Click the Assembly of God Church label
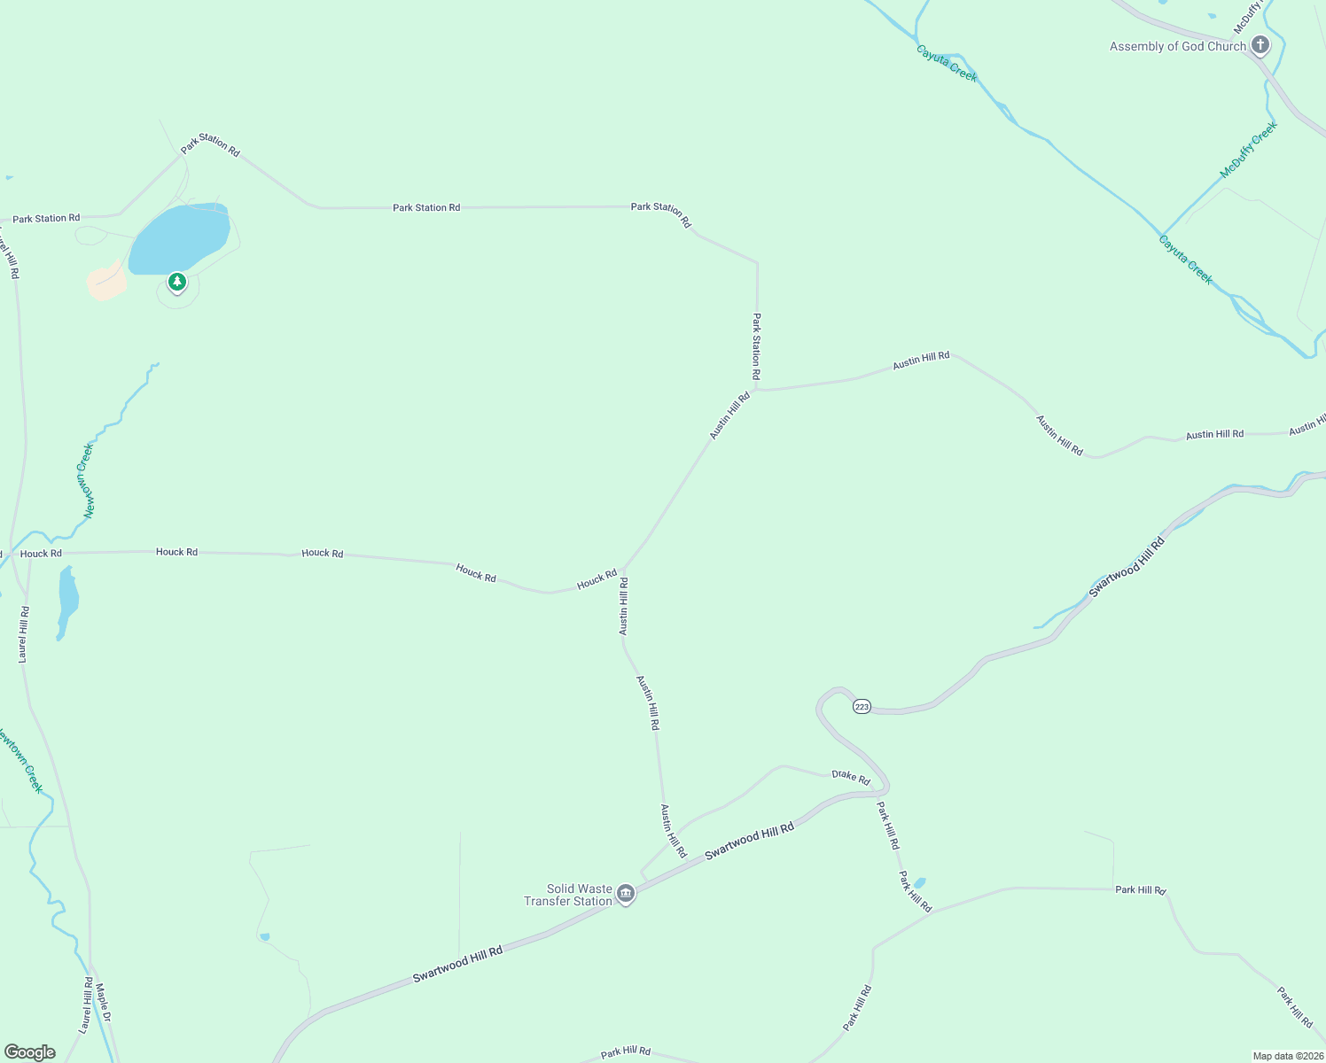(1177, 47)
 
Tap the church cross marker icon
(1260, 45)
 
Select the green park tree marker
(177, 283)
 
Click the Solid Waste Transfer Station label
(568, 895)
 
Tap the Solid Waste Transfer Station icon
(626, 894)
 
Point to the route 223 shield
(862, 706)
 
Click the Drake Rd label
(850, 776)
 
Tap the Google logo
(29, 1052)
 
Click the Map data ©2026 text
(1287, 1056)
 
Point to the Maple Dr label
(103, 1003)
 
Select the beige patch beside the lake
(106, 282)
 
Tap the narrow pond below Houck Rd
(66, 601)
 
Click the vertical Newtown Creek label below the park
(87, 480)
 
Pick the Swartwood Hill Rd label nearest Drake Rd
(749, 841)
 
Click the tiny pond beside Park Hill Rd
(919, 882)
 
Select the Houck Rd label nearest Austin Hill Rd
(597, 579)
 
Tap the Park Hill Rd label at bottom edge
(626, 1051)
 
